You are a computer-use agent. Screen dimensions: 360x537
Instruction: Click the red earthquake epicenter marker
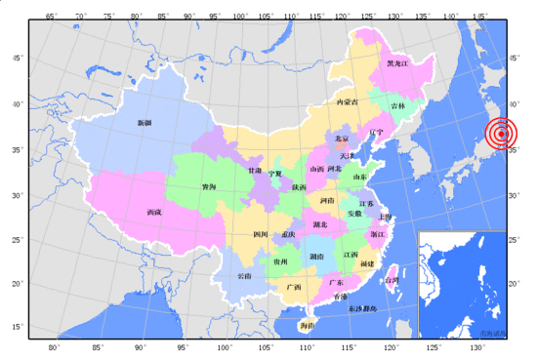point(502,134)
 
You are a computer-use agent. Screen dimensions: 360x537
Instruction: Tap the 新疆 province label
point(145,123)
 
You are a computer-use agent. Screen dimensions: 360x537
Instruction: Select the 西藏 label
point(153,212)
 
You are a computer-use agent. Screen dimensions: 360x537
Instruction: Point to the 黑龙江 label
point(396,63)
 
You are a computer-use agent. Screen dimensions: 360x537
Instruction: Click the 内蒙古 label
point(348,101)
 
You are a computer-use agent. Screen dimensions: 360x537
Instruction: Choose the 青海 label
point(209,186)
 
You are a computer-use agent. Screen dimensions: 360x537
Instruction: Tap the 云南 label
point(244,276)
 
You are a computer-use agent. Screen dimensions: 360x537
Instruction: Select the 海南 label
point(308,325)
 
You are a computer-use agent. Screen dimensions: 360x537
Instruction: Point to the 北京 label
point(341,140)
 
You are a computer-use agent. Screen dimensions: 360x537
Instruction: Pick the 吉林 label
point(398,105)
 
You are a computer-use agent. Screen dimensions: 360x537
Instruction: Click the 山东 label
point(359,177)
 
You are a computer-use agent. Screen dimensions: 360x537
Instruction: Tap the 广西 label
point(294,288)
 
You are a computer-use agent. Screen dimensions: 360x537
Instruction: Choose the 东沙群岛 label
point(368,308)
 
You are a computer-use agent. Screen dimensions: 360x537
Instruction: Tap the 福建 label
point(367,263)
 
